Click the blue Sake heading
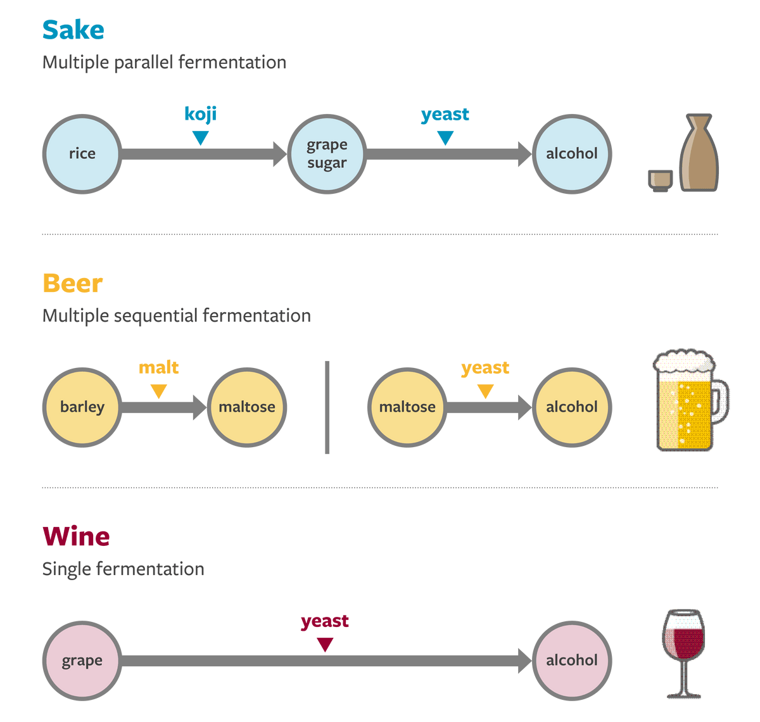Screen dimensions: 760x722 click(x=73, y=30)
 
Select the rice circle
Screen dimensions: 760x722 click(x=82, y=153)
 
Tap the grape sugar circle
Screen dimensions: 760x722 click(x=327, y=153)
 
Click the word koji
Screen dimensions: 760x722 click(x=200, y=114)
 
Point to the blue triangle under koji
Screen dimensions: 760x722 click(x=200, y=137)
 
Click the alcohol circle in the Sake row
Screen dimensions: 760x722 click(x=571, y=153)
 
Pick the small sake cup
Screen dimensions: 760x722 click(x=660, y=180)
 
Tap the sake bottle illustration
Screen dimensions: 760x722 click(x=699, y=152)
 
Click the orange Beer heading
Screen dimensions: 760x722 click(x=73, y=284)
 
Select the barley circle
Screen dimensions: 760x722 click(x=82, y=407)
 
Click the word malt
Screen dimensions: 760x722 click(x=158, y=367)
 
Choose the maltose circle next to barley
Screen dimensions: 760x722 click(x=246, y=407)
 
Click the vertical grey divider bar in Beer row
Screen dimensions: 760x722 click(x=327, y=407)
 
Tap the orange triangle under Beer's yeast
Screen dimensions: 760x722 click(x=485, y=391)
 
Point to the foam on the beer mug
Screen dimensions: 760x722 click(x=684, y=364)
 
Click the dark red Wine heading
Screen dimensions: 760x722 click(x=76, y=537)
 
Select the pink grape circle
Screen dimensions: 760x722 click(x=82, y=661)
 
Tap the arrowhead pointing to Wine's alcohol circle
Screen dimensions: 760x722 click(x=524, y=661)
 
